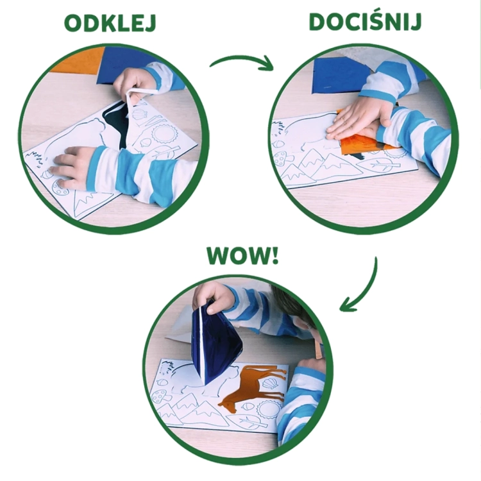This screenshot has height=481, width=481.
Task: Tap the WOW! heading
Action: tap(242, 255)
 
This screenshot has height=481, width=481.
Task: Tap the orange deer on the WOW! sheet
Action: tap(253, 385)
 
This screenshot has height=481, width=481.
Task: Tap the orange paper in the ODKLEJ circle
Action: tap(77, 61)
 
